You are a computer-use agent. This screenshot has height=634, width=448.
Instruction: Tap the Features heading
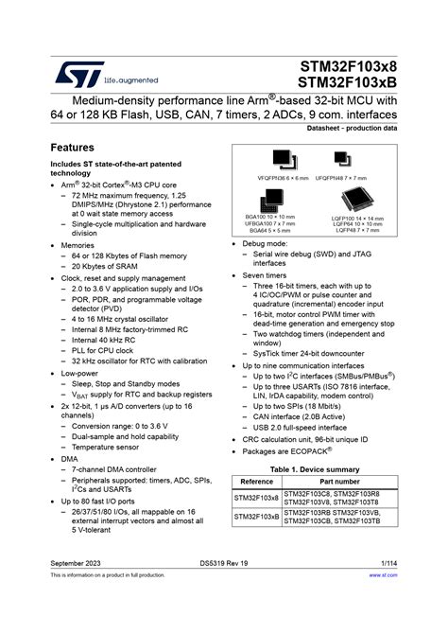tap(72, 149)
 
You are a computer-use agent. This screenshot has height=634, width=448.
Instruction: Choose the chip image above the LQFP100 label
tap(356, 199)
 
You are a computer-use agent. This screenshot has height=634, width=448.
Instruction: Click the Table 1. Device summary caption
tap(315, 469)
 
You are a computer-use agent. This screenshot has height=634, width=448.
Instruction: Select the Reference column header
tap(257, 482)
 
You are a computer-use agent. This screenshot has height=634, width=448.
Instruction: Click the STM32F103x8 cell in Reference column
tap(257, 498)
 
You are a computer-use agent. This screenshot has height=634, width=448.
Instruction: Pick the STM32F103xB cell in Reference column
tap(257, 518)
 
